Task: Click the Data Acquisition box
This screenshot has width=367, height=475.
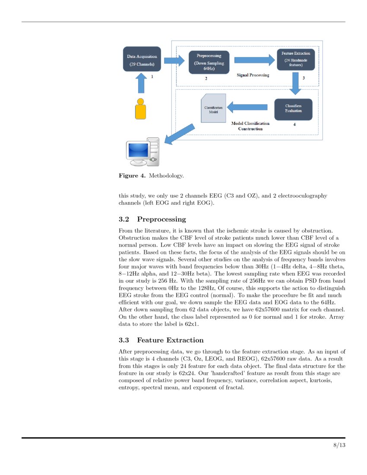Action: tap(142, 60)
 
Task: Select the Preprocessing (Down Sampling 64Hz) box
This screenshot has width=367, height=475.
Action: tap(209, 62)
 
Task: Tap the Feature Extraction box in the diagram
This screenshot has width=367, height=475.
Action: tap(296, 59)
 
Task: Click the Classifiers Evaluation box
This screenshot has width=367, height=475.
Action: tap(293, 108)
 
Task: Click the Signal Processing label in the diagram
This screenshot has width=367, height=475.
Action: tap(253, 75)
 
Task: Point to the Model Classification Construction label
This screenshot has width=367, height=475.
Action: tap(250, 126)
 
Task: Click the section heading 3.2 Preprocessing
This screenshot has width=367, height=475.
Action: tap(152, 219)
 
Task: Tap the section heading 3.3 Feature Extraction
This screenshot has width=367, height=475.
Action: tap(161, 340)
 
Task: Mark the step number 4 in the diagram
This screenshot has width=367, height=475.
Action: tap(294, 124)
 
